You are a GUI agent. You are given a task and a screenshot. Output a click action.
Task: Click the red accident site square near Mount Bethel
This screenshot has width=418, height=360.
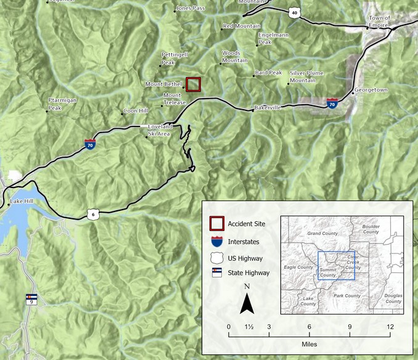(194, 84)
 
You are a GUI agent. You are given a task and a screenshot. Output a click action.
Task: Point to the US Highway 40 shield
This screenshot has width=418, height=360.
(295, 12)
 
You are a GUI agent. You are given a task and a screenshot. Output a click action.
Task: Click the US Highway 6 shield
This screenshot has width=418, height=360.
(92, 215)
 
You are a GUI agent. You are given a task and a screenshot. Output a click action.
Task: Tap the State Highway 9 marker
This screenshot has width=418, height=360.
(31, 300)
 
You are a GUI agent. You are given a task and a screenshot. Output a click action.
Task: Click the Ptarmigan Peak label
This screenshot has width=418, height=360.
(64, 104)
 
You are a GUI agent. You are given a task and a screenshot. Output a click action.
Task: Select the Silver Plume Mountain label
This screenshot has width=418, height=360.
(306, 76)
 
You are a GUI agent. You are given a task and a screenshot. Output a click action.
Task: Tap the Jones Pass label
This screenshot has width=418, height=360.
(190, 9)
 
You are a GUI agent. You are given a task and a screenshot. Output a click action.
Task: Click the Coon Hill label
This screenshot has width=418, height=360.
(136, 111)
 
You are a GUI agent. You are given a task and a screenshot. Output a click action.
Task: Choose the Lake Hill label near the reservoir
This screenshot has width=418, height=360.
(22, 202)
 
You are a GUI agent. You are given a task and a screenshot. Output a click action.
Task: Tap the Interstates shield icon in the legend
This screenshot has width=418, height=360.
(216, 241)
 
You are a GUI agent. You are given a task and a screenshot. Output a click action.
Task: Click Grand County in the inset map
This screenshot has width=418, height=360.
(322, 234)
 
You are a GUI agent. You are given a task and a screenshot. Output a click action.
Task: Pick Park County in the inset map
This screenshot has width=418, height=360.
(347, 296)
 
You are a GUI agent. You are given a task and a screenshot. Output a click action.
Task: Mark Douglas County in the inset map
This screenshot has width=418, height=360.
(393, 298)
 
